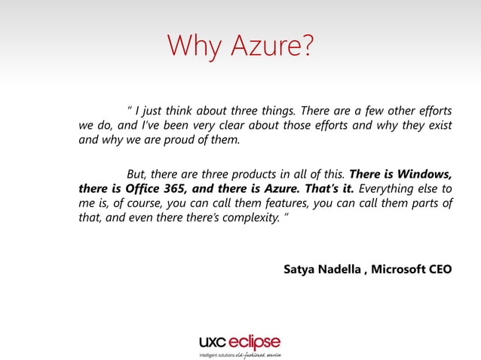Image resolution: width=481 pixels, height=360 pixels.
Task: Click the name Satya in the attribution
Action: pyautogui.click(x=299, y=269)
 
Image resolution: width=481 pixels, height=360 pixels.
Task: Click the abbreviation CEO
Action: pyautogui.click(x=440, y=269)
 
